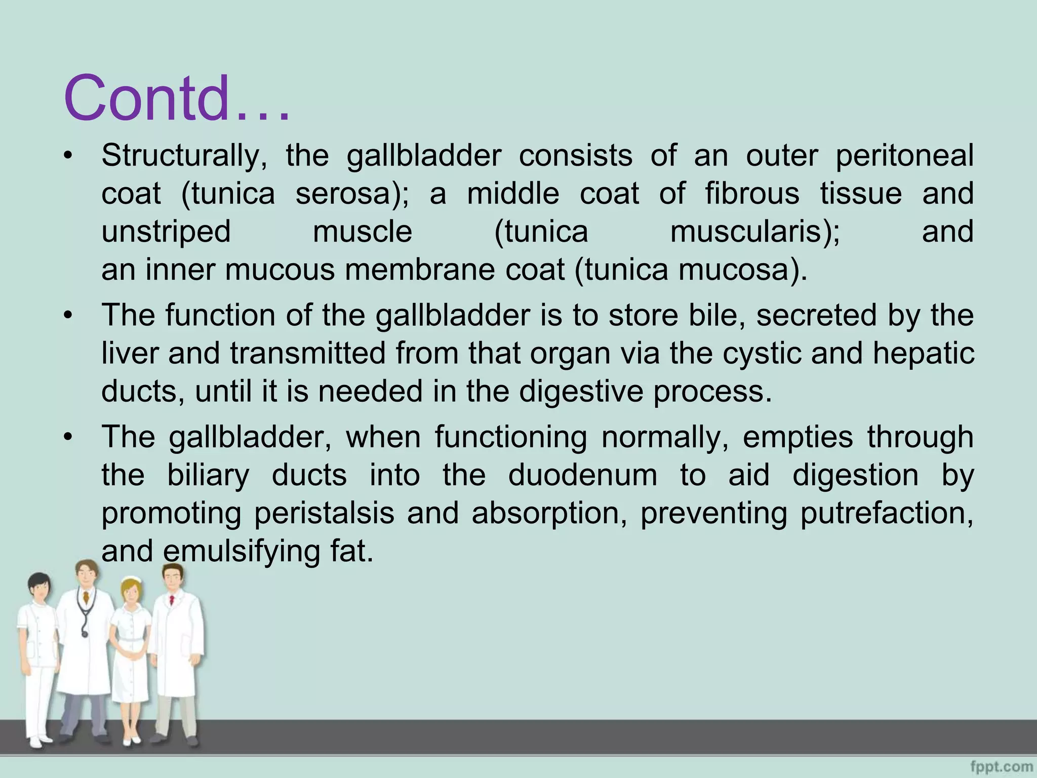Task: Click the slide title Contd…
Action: (x=177, y=98)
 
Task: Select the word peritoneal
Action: (x=904, y=155)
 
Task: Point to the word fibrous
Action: (x=752, y=194)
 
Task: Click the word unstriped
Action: (x=166, y=232)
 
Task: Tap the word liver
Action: (x=130, y=353)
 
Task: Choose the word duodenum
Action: (x=583, y=476)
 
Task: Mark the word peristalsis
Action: (x=324, y=513)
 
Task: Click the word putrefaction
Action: (x=887, y=513)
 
